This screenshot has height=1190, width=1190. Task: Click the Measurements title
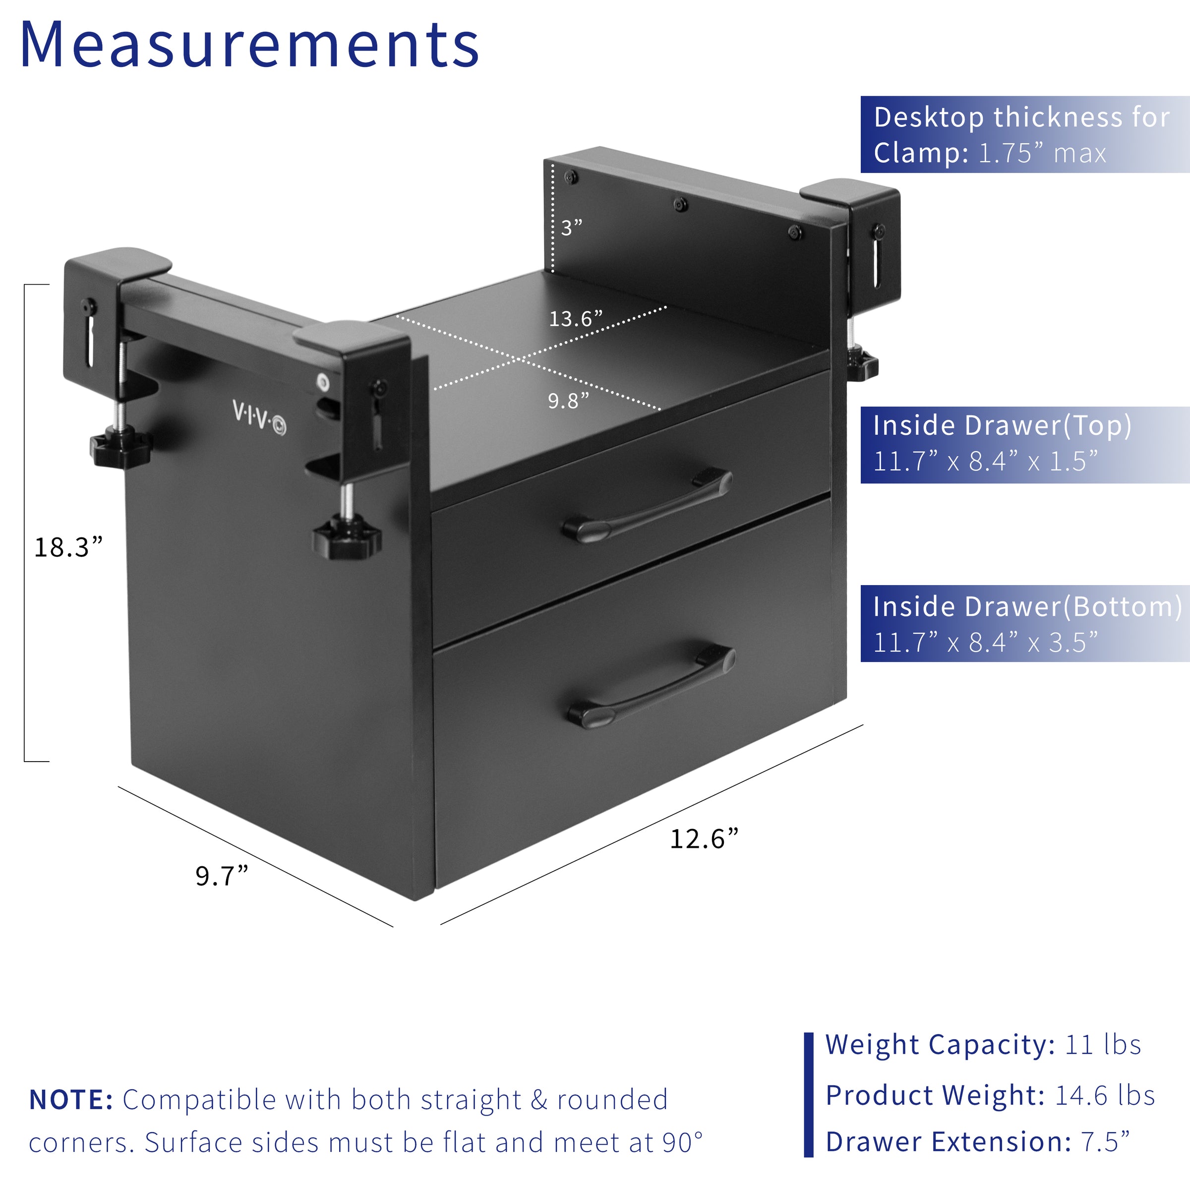249,45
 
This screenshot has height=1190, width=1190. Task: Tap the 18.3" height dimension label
68,547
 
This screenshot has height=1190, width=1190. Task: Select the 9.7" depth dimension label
222,875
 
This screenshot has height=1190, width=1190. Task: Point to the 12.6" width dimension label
704,838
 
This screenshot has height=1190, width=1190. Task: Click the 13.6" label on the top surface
575,318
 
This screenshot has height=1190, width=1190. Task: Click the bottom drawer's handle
652,686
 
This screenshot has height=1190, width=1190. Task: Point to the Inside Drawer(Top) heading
1002,425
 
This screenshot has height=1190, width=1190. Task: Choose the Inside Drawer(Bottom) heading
1027,607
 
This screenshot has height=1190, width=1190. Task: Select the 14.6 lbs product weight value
1104,1095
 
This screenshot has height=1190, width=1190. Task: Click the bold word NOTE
71,1099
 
